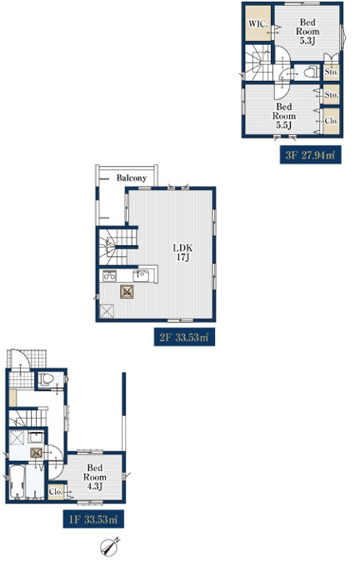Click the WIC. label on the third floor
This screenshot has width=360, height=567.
258,24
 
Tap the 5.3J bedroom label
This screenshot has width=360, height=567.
307,32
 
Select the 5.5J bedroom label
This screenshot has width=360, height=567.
284,116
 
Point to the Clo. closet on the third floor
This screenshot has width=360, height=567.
332,121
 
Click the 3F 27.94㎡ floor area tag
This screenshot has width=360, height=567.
311,155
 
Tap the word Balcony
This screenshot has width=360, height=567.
132,178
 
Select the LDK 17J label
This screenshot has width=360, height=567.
182,253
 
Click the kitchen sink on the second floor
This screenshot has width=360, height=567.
142,276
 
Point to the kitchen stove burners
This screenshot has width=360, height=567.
109,276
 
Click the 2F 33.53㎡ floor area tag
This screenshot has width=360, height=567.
185,338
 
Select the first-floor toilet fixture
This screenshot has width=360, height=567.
47,379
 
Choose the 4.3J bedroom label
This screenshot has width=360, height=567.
95,477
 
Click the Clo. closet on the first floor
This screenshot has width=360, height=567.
57,492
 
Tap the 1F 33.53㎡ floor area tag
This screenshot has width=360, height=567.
93,519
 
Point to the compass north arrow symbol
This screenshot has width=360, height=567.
110,547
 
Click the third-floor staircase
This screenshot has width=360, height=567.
258,63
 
